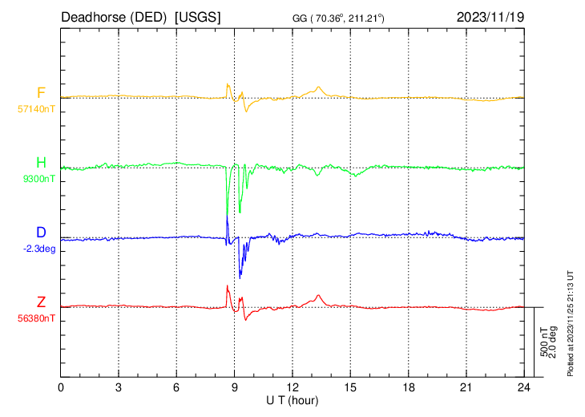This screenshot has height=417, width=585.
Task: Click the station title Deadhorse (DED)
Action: tap(113, 17)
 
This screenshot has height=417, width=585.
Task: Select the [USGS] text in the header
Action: tap(196, 17)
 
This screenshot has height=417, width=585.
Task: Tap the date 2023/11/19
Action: tap(490, 17)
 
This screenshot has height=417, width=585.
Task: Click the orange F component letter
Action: tap(41, 92)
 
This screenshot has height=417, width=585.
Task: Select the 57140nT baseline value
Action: tap(37, 107)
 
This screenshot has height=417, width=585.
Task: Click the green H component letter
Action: tap(41, 164)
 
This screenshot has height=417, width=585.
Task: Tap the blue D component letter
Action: tap(41, 233)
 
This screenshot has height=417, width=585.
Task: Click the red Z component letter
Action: tap(41, 302)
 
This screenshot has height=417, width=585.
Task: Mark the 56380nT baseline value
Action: tap(37, 318)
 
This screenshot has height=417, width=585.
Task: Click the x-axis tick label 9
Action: tap(234, 387)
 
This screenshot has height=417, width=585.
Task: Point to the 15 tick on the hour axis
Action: tap(350, 387)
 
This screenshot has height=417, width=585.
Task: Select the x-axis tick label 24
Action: tap(523, 387)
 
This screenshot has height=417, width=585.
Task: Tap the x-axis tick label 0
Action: tap(62, 387)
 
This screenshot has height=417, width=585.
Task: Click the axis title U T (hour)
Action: tap(292, 399)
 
